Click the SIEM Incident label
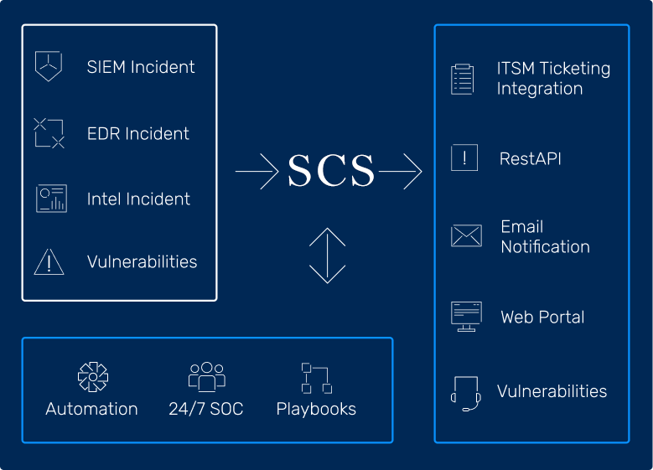(x=141, y=67)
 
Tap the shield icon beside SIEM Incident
(x=49, y=66)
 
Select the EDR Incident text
(x=138, y=133)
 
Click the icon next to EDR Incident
(x=49, y=133)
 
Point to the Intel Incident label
(x=138, y=199)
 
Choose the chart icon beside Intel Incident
(x=51, y=199)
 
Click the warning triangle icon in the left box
(x=49, y=261)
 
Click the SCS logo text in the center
(x=330, y=172)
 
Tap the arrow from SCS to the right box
(x=401, y=172)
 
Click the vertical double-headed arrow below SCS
(x=327, y=255)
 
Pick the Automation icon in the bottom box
(x=92, y=377)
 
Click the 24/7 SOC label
(x=206, y=409)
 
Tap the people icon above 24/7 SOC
(x=206, y=377)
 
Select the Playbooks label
(x=316, y=409)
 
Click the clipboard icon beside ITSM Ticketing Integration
(x=463, y=79)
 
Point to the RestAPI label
(x=531, y=158)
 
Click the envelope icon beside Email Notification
(x=466, y=235)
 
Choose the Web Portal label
(x=542, y=317)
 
